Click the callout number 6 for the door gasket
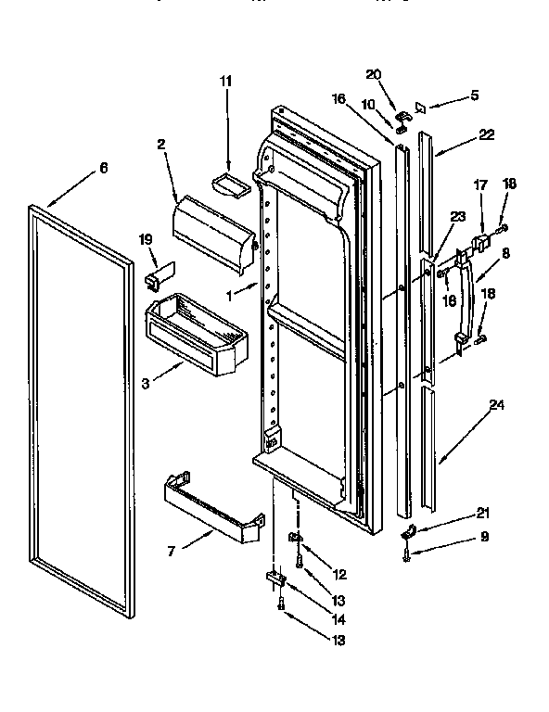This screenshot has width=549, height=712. tap(104, 168)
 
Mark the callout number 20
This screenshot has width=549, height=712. tap(374, 74)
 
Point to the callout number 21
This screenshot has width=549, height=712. tap(481, 512)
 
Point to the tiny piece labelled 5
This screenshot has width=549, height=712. tap(419, 108)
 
